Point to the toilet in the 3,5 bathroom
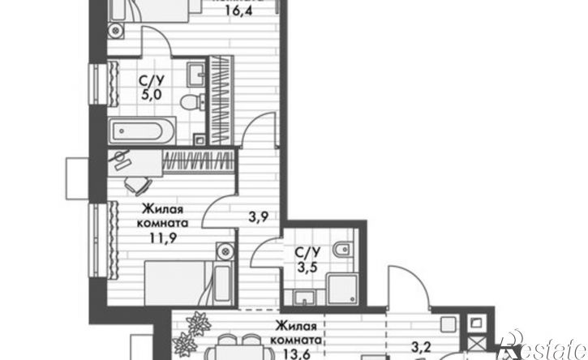tap(343, 249)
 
